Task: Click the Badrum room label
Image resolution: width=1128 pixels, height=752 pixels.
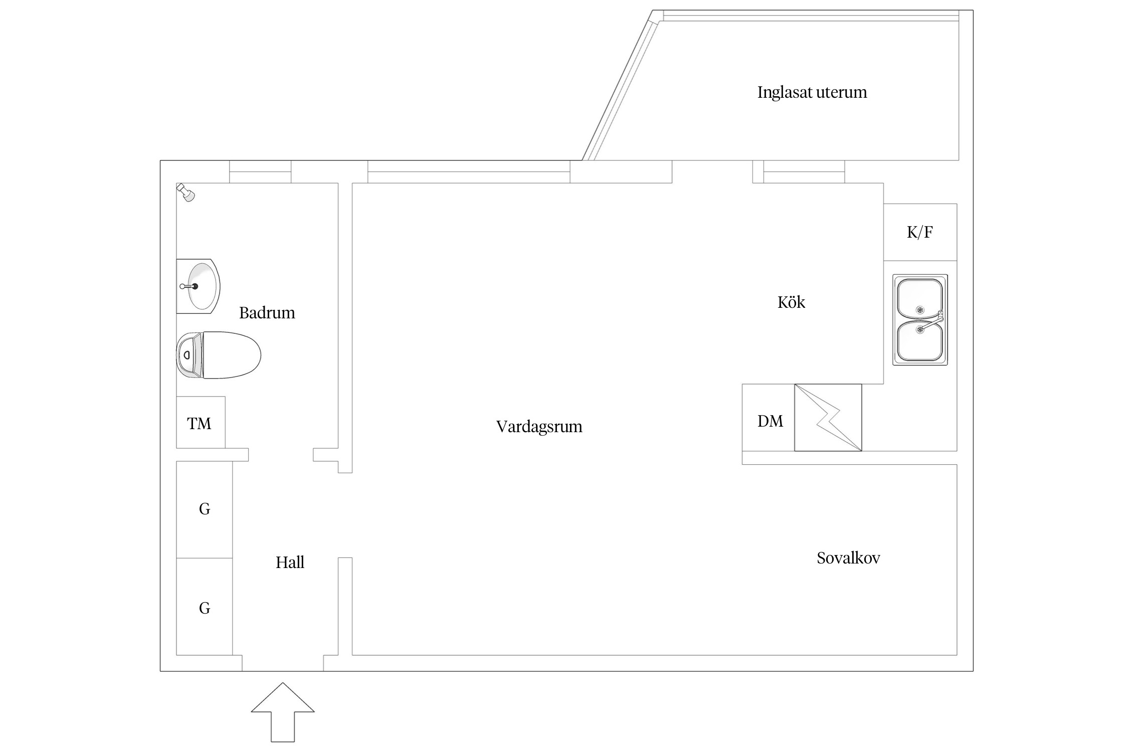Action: point(267,313)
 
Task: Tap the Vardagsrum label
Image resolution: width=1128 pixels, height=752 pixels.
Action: point(539,427)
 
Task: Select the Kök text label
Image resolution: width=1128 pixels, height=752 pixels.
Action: point(791,302)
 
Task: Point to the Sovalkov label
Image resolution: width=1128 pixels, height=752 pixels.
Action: point(848,558)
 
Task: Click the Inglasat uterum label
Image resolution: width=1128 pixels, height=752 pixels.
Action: point(812,92)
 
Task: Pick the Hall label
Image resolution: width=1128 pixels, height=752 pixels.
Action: point(290,562)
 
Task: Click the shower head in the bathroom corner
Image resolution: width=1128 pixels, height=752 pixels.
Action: point(186,193)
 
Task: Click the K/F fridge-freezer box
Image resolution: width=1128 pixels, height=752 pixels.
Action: point(920,232)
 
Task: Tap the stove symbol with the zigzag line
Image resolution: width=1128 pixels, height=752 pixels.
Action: point(828,418)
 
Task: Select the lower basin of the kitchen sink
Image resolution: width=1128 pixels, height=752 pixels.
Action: point(919,341)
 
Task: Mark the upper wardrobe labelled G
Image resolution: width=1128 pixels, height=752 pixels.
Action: point(205,509)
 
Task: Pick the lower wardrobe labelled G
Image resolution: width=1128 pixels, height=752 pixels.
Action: point(205,608)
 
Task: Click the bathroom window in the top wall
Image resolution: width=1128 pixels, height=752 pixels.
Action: point(260,172)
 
